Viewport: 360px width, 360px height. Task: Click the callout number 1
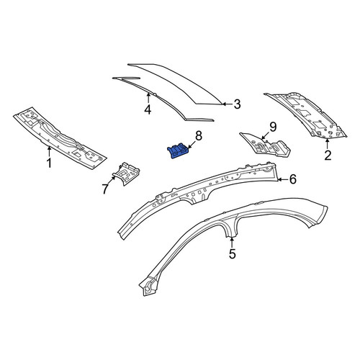click(x=49, y=163)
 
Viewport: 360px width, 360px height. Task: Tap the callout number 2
click(x=328, y=155)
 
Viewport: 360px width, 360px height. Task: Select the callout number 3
click(x=237, y=104)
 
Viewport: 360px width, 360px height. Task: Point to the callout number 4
click(x=148, y=109)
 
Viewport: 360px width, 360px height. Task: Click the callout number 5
click(x=233, y=254)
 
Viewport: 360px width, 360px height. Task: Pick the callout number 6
click(x=293, y=179)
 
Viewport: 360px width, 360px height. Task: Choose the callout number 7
click(x=105, y=189)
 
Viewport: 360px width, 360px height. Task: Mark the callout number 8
click(x=199, y=136)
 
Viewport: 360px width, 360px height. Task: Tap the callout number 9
click(x=273, y=127)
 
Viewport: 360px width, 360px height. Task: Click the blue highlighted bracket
click(x=178, y=151)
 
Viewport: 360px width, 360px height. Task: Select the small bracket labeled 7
click(x=126, y=174)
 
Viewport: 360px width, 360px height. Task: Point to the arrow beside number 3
click(x=228, y=104)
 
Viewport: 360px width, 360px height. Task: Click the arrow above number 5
click(x=232, y=242)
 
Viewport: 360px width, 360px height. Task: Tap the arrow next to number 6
click(x=283, y=179)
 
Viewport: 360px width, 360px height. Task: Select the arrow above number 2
click(x=328, y=143)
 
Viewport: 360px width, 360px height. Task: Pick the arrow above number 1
click(x=49, y=151)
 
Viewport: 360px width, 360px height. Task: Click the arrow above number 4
click(x=148, y=98)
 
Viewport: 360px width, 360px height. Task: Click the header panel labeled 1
click(x=60, y=138)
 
